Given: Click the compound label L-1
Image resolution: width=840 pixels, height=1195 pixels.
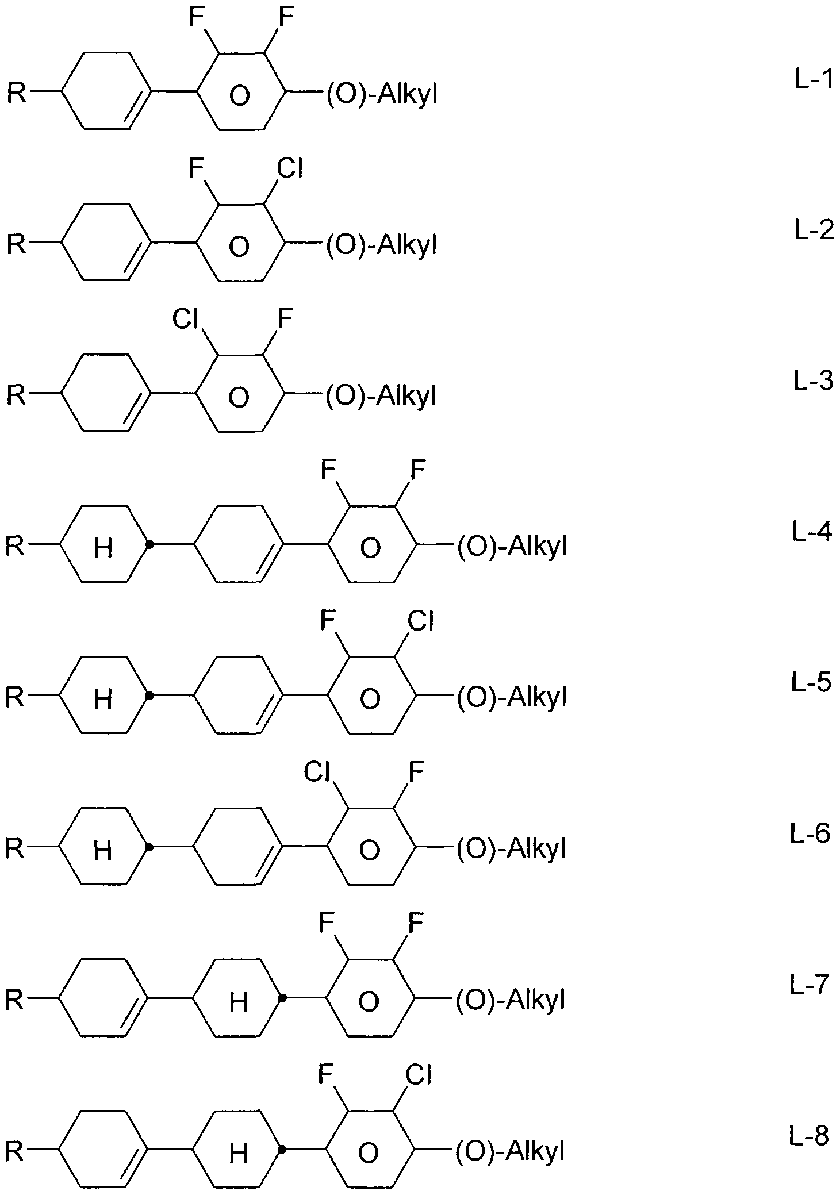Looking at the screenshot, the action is pos(814,80).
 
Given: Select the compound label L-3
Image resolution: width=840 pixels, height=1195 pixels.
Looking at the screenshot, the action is pos(813,381).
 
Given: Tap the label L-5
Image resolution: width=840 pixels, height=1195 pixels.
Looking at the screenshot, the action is pos(811,682).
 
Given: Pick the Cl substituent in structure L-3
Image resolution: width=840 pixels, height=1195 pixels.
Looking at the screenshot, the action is pos(186,320).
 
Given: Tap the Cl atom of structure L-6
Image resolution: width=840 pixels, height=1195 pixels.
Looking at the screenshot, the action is pos(317,773).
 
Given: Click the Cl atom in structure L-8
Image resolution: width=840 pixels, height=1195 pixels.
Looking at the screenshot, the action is pos(418,1075).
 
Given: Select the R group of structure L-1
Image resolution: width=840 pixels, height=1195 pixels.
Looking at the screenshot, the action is pos(16,93).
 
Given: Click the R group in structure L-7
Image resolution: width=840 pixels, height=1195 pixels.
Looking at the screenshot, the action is pos(14,1000).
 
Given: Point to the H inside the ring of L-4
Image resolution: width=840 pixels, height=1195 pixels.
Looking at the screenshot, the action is pos(103,548).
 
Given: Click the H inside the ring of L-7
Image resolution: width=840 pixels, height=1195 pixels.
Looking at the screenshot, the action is pos(239,1002).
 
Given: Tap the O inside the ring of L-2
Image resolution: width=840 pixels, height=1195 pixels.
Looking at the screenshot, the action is pos(239,247).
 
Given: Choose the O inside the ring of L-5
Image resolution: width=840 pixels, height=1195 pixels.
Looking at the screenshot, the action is pos(370,699).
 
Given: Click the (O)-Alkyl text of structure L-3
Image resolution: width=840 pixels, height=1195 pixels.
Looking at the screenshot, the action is pos(381,397).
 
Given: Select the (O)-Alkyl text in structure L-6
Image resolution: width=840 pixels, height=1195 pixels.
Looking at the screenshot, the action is pos(511,848).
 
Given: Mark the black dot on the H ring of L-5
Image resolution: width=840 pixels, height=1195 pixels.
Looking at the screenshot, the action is pos(149,696).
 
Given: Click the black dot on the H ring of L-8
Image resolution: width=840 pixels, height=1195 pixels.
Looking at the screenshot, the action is pos(282,1149).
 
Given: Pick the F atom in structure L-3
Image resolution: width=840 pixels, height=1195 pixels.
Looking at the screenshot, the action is pos(285,320).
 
